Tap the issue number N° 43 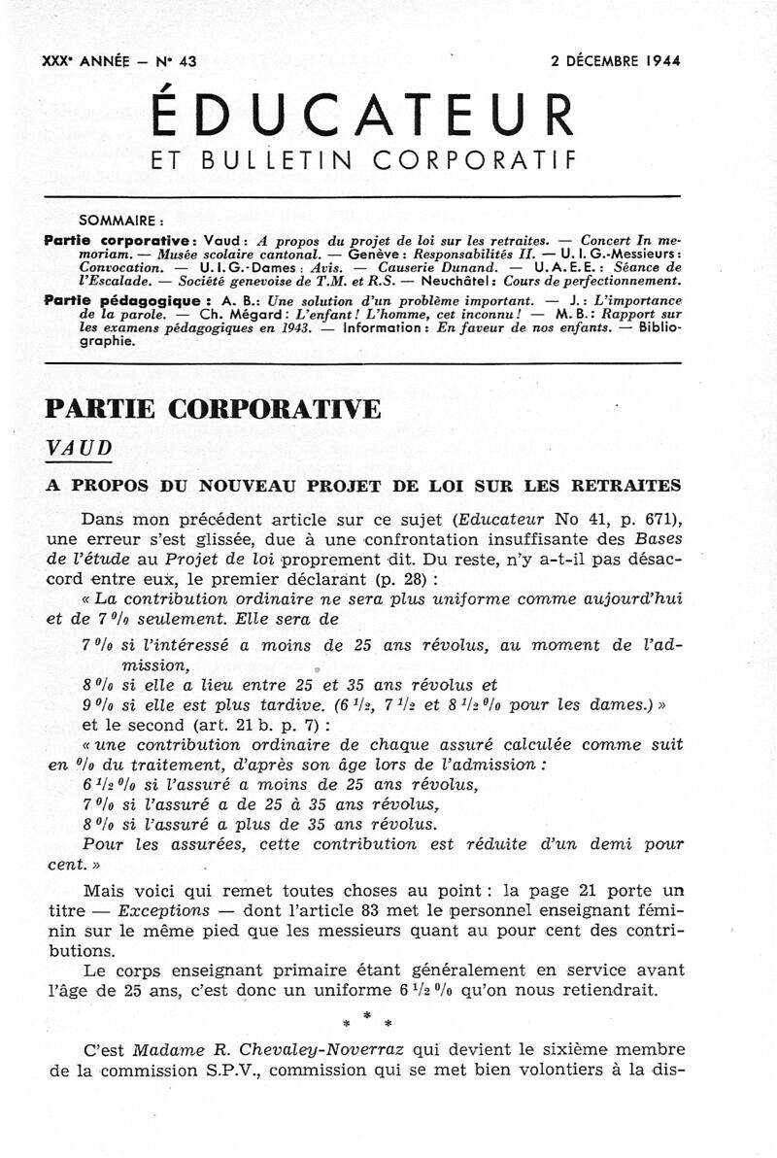click(x=176, y=60)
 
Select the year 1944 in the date click(x=659, y=60)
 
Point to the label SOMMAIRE click(x=120, y=220)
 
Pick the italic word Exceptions click(x=162, y=910)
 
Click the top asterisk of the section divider click(x=365, y=1014)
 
